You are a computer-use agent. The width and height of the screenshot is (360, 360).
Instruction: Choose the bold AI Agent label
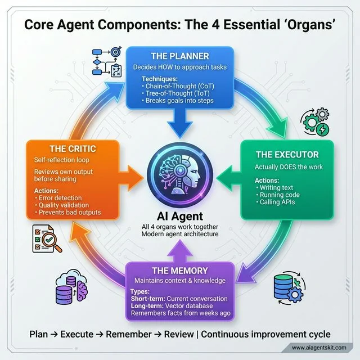179,216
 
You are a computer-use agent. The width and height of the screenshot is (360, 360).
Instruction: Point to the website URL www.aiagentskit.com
318,348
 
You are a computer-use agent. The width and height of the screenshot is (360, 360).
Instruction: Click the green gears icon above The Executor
316,120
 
